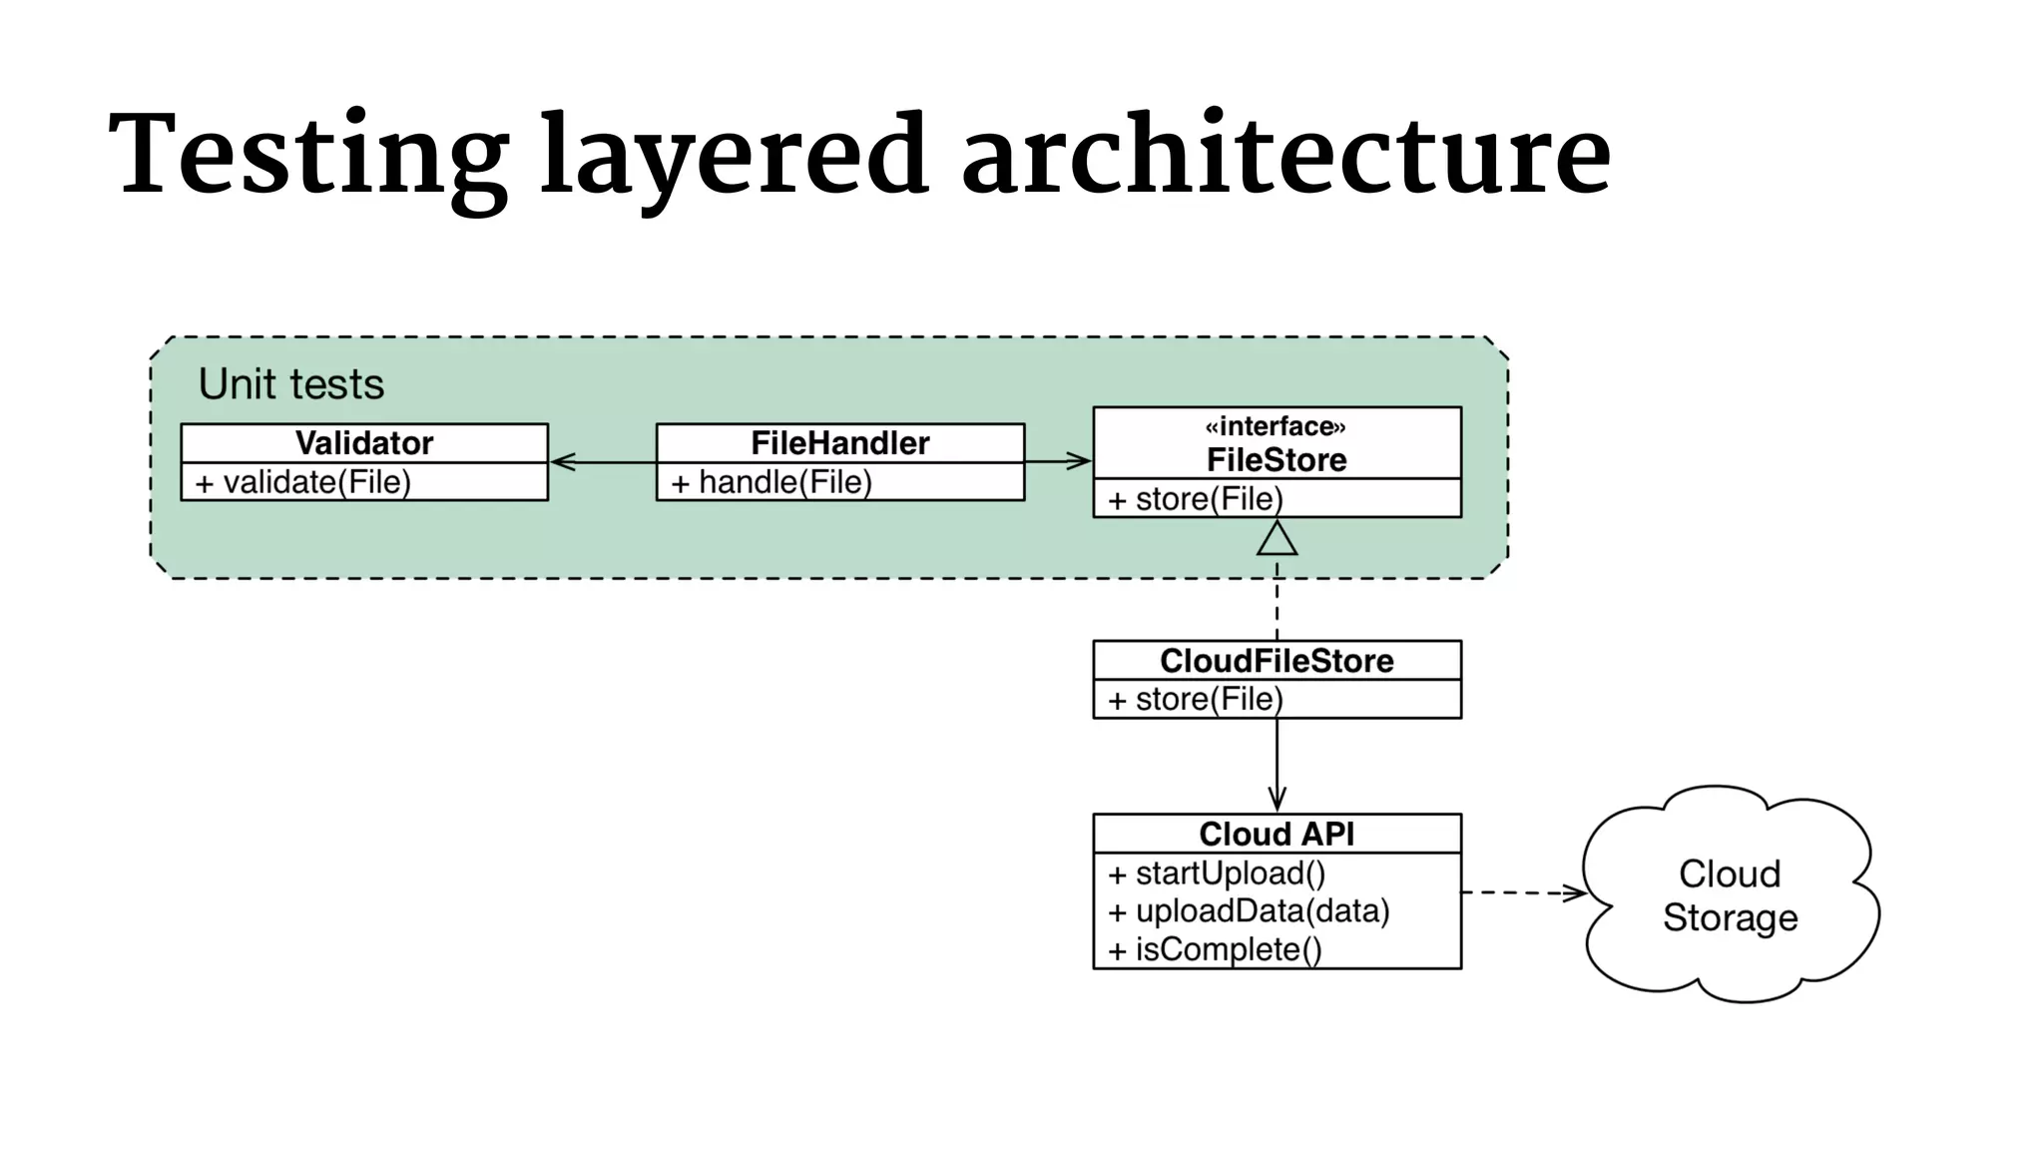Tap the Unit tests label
(290, 384)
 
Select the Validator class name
(364, 443)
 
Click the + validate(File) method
(303, 482)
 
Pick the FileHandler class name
(839, 443)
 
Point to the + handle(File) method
(771, 482)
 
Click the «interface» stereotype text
(1276, 427)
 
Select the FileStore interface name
(1277, 460)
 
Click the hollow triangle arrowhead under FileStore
(1277, 540)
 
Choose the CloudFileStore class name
(1277, 661)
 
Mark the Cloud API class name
(1277, 834)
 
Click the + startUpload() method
(1217, 873)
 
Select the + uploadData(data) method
(1249, 911)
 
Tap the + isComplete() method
(1215, 949)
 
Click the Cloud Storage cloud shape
(1730, 895)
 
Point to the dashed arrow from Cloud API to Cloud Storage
(1522, 892)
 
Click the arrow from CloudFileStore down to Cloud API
(1277, 764)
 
